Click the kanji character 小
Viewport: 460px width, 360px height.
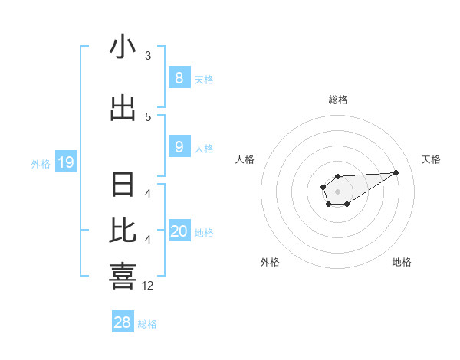coord(123,47)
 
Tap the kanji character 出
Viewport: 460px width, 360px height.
coord(123,108)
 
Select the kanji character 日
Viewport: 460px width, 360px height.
coord(123,185)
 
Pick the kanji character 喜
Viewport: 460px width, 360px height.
coord(123,277)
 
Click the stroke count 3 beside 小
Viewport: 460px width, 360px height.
coord(148,56)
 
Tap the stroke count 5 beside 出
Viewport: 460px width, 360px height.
coord(148,116)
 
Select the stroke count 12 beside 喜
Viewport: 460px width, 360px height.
coord(148,286)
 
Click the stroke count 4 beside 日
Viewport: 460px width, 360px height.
coord(148,194)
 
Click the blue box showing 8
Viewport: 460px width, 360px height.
coord(179,77)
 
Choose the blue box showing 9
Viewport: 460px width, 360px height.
coord(179,147)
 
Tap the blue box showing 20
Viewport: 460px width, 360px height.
coord(179,231)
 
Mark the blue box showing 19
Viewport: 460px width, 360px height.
coord(65,162)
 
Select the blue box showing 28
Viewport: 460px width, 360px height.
coord(123,322)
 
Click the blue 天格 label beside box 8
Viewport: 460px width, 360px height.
coord(204,80)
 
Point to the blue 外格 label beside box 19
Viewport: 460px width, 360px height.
coord(40,164)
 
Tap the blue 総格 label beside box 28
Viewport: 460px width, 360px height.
coord(147,324)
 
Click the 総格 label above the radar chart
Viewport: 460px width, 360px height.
coord(337,100)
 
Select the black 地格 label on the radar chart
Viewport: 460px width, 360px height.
coord(402,262)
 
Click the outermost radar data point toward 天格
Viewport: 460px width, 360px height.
coord(396,172)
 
